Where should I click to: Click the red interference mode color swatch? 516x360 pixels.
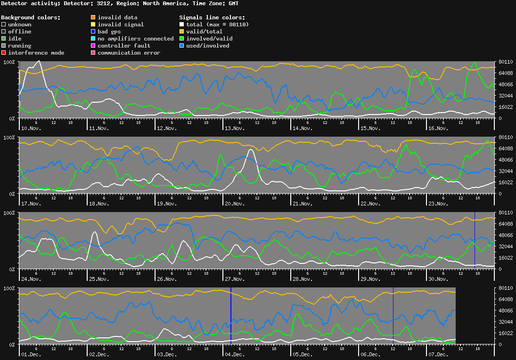[x=4, y=53]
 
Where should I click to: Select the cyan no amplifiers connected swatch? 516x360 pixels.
[x=93, y=39]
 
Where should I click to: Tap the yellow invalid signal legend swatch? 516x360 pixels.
[x=93, y=25]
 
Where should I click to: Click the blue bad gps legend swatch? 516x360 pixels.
[x=93, y=32]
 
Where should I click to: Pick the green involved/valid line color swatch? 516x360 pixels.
[x=182, y=39]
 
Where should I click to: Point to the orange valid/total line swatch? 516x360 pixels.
[x=182, y=32]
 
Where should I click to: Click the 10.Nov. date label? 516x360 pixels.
[x=31, y=128]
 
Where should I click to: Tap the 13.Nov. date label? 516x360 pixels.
[x=235, y=128]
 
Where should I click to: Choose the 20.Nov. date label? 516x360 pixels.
[x=235, y=204]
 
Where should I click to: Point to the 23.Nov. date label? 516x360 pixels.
[x=438, y=204]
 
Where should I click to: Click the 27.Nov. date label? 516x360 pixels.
[x=235, y=279]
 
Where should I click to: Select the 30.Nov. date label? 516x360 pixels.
[x=438, y=279]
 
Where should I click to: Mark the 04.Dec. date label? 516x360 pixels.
[x=235, y=354]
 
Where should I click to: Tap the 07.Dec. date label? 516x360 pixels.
[x=438, y=354]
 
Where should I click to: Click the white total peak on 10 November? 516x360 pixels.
[x=39, y=61]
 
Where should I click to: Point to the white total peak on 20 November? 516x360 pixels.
[x=250, y=150]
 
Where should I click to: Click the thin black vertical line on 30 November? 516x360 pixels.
[x=475, y=240]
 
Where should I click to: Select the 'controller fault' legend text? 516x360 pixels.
[x=124, y=46]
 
